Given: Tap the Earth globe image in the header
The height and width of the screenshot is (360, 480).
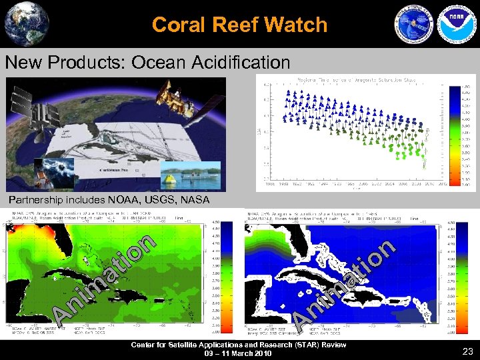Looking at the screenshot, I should click(x=26, y=23).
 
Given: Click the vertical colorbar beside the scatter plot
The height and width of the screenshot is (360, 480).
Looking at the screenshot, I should click(x=453, y=133).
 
